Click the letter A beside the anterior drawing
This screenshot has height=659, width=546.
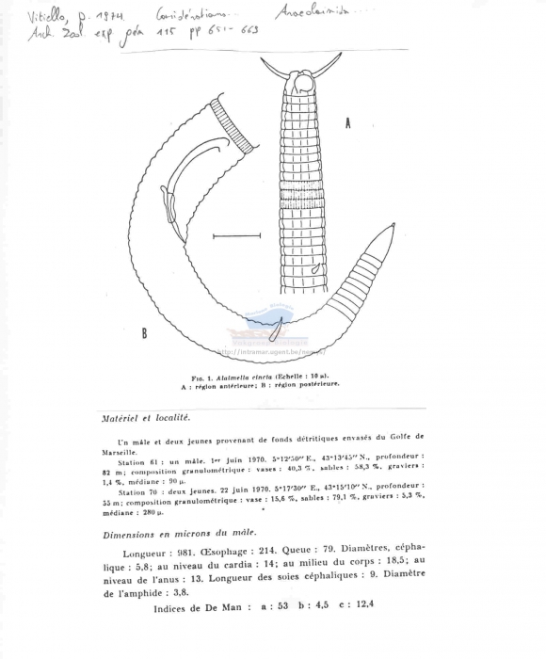click(x=347, y=123)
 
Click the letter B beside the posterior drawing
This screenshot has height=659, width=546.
click(x=144, y=331)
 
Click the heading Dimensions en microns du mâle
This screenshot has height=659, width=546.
click(x=175, y=534)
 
